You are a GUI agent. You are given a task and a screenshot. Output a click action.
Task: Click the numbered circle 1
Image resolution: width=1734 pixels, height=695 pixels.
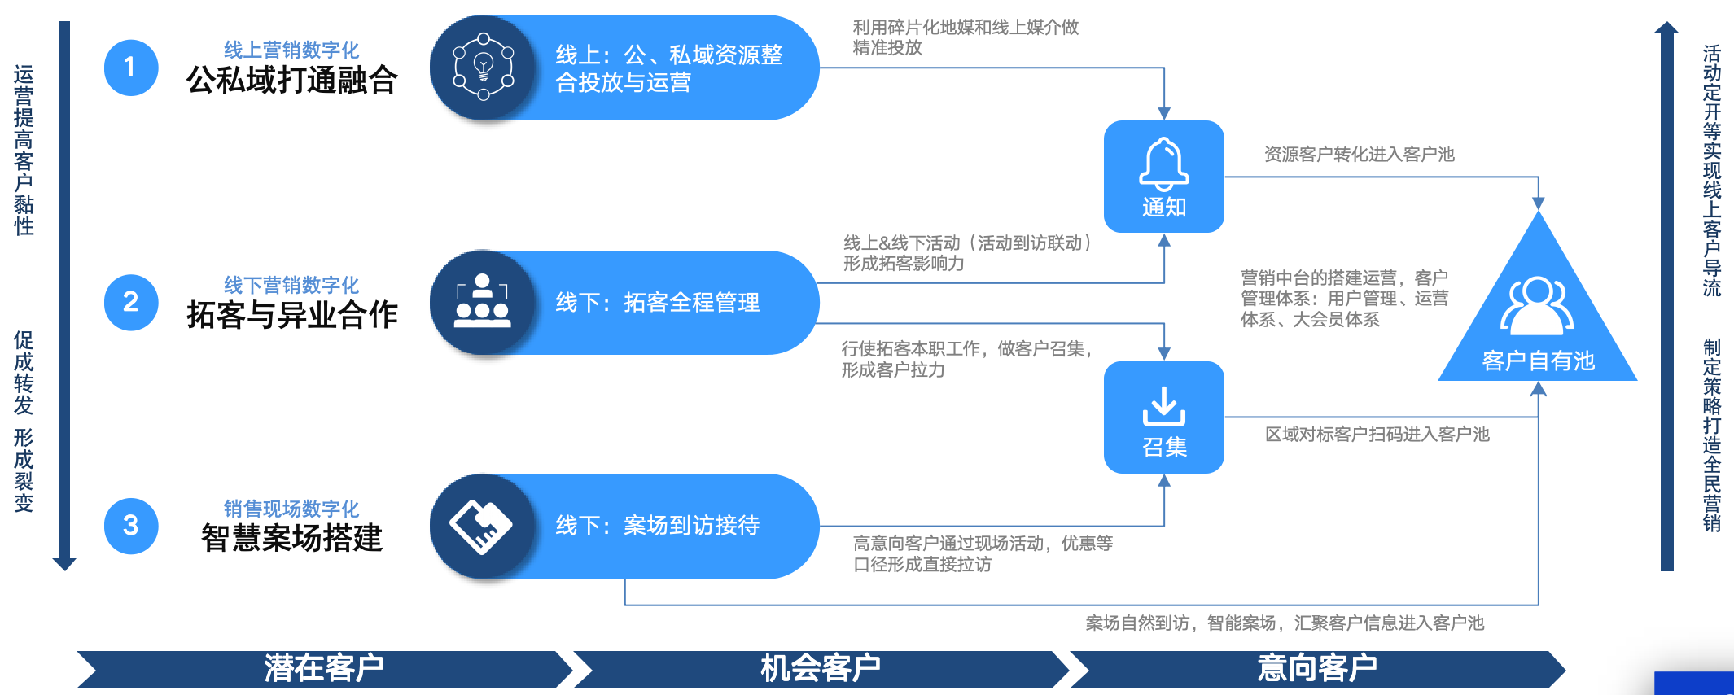click(130, 68)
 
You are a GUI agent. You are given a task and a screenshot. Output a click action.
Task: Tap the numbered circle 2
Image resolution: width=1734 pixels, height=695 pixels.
click(130, 302)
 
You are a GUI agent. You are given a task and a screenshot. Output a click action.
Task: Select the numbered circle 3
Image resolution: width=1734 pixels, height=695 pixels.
click(130, 526)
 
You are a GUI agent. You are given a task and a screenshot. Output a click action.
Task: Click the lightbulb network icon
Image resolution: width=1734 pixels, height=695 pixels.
click(483, 68)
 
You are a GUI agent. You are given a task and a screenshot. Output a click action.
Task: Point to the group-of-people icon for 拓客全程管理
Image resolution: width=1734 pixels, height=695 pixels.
click(483, 302)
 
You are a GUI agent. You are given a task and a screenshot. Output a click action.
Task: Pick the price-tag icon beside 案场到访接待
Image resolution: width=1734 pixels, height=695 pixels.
click(481, 526)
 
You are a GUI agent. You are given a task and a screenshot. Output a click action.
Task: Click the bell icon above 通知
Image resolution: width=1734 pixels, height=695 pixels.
click(1163, 163)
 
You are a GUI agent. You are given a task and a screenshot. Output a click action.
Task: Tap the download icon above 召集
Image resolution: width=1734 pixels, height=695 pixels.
click(1163, 406)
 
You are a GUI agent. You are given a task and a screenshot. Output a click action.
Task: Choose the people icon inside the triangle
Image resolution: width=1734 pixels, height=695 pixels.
click(1537, 306)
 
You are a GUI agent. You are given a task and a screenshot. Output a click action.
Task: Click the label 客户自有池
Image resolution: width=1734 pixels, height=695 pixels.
click(1538, 361)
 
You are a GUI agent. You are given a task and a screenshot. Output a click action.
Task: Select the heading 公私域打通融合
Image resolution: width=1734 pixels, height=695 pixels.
click(291, 81)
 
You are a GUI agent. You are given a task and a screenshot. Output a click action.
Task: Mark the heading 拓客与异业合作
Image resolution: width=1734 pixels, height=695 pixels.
click(291, 315)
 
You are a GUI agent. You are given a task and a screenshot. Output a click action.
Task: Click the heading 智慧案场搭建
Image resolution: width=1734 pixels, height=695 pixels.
click(291, 538)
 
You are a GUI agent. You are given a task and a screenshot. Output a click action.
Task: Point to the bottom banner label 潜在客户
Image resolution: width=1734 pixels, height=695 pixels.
click(324, 668)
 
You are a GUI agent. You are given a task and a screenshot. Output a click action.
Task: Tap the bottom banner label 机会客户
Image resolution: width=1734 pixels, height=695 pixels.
click(820, 668)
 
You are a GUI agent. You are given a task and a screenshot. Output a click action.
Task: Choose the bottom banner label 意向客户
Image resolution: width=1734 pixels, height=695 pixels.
click(1316, 668)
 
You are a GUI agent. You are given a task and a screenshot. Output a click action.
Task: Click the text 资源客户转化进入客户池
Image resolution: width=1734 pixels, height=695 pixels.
click(1359, 155)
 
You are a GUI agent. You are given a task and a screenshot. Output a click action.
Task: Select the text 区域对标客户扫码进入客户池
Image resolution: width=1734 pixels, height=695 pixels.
click(1377, 435)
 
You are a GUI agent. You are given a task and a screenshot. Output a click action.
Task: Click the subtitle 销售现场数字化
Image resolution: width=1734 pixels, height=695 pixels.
click(291, 509)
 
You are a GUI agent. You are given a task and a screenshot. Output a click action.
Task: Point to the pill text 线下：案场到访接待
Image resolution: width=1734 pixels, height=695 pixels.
click(657, 526)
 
